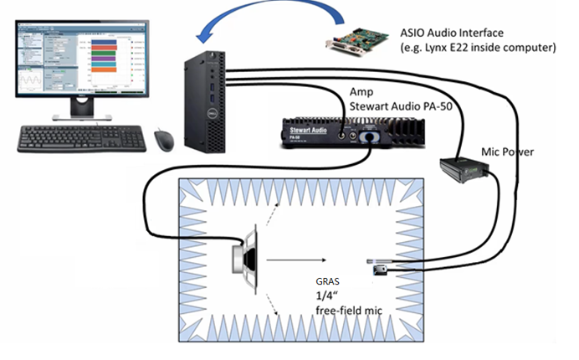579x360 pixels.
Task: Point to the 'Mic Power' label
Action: [x=509, y=152]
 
